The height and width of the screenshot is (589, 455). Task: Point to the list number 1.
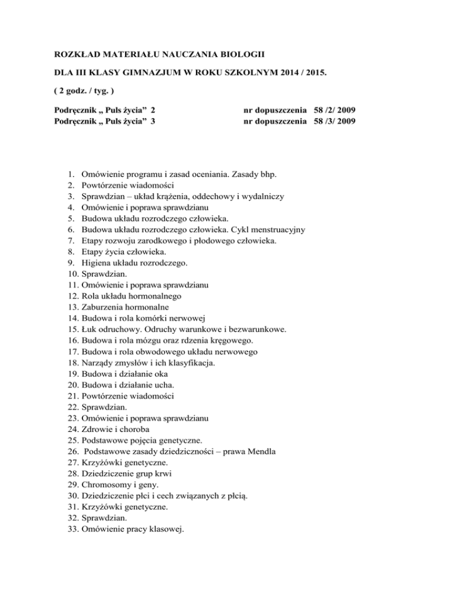point(71,175)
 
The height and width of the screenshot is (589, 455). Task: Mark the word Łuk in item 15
point(91,329)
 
